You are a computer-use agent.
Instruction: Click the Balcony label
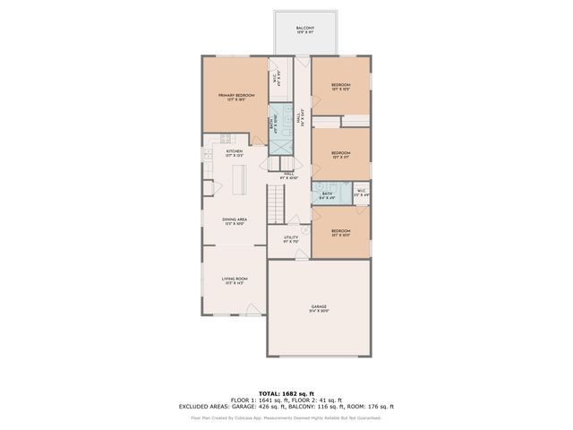(x=306, y=30)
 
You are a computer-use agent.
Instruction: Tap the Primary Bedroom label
(x=234, y=96)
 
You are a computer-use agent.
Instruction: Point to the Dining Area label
(x=235, y=220)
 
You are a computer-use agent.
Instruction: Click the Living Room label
(x=235, y=281)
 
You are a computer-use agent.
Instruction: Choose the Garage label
(x=319, y=309)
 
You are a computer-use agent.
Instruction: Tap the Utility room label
(x=291, y=239)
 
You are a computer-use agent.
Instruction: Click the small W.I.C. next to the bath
(x=361, y=192)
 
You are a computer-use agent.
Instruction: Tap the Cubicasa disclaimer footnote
(x=286, y=417)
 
